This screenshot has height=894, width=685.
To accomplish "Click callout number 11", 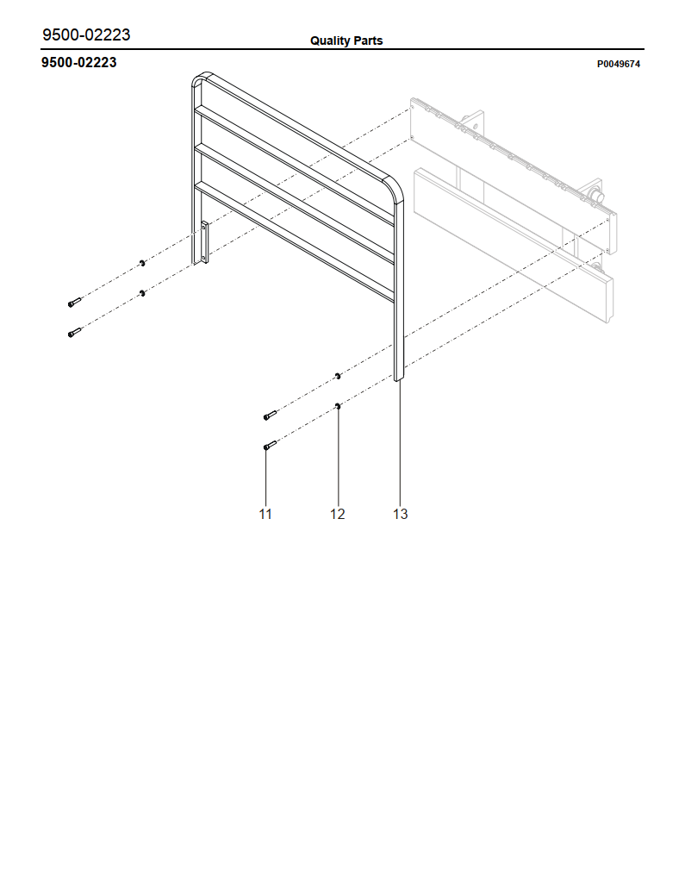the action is [x=265, y=514].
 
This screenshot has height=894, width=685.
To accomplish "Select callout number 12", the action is [x=338, y=514].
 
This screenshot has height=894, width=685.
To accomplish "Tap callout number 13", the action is [x=400, y=514].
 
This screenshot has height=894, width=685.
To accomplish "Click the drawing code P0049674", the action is [x=619, y=65].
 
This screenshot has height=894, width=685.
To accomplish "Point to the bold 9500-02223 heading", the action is [x=78, y=62].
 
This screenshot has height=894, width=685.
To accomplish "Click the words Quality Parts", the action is [x=346, y=41].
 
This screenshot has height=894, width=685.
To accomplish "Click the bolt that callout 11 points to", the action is [x=270, y=446].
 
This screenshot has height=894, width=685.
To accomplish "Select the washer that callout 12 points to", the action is [x=338, y=406].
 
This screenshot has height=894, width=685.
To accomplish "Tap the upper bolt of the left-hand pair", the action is [x=75, y=303].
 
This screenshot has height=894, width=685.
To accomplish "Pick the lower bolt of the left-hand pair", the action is [x=75, y=332].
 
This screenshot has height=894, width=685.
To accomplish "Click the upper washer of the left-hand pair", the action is [x=142, y=263].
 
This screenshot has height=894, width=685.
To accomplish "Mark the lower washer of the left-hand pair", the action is [x=142, y=293].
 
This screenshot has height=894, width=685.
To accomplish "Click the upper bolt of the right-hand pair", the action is [x=270, y=415].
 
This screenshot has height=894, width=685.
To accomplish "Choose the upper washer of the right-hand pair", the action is [x=338, y=376].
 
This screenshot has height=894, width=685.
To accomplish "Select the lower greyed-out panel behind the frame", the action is [x=513, y=244].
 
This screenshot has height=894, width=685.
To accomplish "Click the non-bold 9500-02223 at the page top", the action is [x=86, y=34].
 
